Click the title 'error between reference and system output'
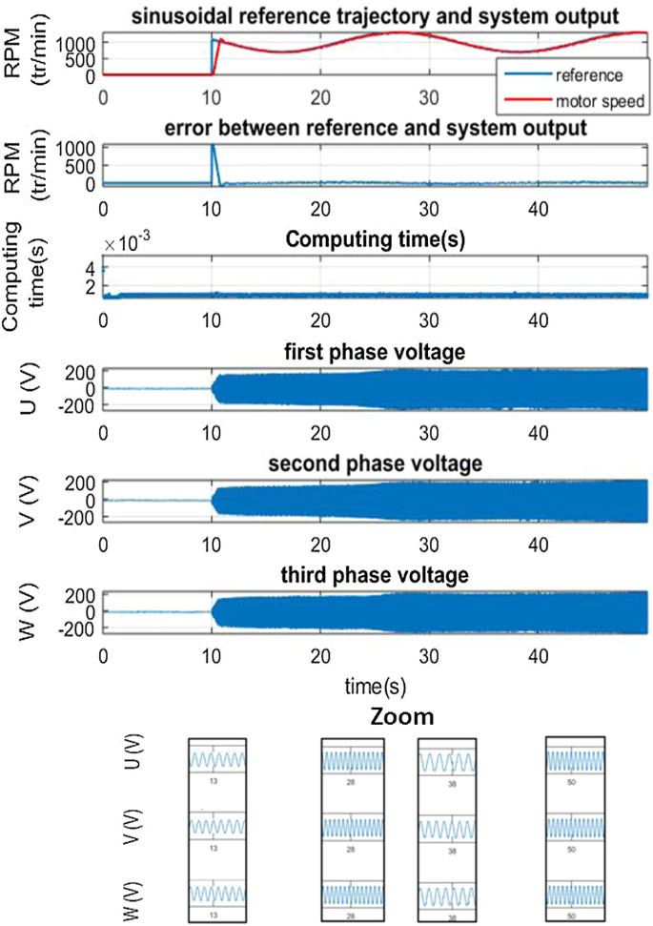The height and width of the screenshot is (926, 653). (375, 128)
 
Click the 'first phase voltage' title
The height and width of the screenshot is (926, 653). (375, 352)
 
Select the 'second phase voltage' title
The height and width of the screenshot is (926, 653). (375, 463)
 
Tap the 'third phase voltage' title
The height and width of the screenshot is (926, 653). (375, 575)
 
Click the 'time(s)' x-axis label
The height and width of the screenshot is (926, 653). (375, 685)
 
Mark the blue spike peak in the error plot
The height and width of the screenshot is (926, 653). (213, 146)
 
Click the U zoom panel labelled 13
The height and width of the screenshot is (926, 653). (217, 760)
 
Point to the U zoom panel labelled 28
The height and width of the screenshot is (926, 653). (352, 760)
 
